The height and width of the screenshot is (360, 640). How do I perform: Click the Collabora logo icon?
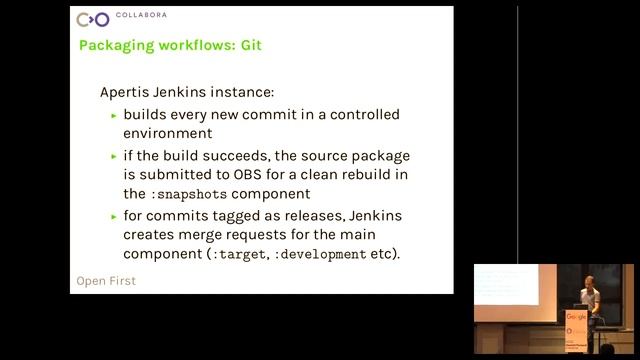coord(93,19)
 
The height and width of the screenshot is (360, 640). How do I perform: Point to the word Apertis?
coord(126,91)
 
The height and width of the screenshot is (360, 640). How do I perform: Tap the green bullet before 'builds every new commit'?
coord(114,115)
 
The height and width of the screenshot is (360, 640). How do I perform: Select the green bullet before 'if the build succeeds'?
coord(114,157)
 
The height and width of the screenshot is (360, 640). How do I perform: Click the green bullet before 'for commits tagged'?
coord(114,217)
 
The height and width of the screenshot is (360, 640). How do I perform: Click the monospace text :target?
coord(236,254)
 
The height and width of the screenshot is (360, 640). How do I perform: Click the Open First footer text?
coord(106,281)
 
